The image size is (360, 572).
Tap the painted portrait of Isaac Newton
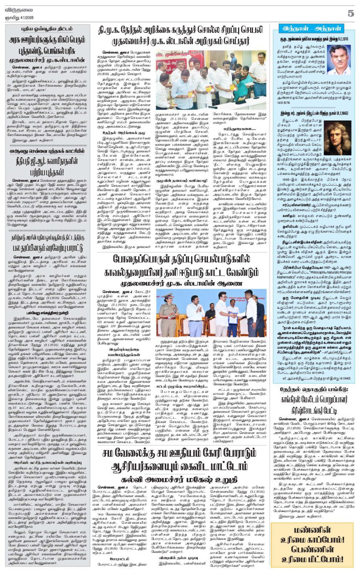coord(337,138)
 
